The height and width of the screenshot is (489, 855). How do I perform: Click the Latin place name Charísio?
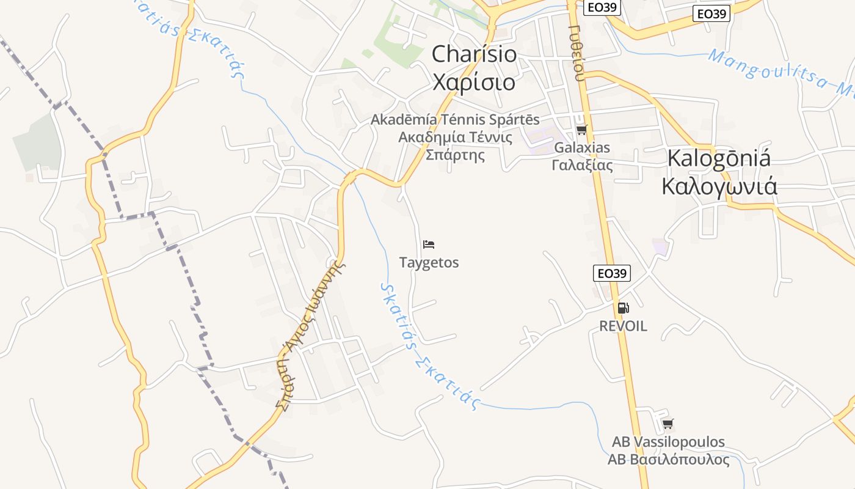[x=474, y=54]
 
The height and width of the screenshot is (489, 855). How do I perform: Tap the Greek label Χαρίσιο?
[x=474, y=82]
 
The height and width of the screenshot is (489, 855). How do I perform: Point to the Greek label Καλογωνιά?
[x=719, y=186]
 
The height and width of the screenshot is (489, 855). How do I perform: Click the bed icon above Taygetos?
[x=429, y=244]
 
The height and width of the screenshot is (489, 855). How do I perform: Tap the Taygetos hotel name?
[x=429, y=263]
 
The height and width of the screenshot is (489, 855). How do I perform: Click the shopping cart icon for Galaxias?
[x=581, y=130]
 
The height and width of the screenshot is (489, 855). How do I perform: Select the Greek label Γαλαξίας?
[x=582, y=165]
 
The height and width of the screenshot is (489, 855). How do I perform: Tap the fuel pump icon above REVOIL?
[x=623, y=308]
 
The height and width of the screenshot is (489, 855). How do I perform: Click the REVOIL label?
[x=623, y=326]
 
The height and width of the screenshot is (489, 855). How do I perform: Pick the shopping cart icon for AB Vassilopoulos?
[x=668, y=423]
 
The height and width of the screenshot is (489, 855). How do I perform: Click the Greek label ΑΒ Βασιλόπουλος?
[x=668, y=460]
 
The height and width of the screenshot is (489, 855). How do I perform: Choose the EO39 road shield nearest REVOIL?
[x=611, y=273]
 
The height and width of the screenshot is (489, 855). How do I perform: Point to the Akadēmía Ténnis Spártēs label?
[x=455, y=119]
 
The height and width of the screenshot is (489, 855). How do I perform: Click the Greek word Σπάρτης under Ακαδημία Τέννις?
[x=455, y=155]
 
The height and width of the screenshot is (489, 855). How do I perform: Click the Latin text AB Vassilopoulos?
[x=668, y=441]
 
